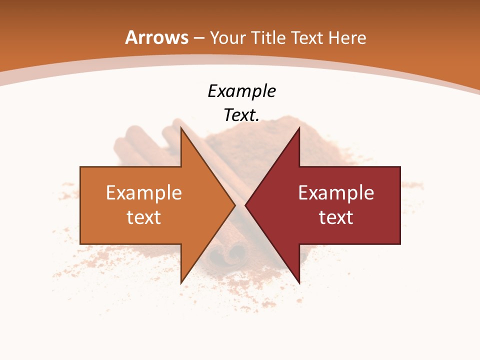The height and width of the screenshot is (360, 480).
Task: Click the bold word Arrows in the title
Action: (x=156, y=37)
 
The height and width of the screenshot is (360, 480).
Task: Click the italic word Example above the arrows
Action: (x=241, y=91)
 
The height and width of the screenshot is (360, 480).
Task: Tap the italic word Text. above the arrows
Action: (x=241, y=115)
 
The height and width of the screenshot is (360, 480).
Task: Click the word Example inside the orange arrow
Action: (x=143, y=192)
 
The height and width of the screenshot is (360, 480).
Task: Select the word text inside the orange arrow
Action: (x=143, y=217)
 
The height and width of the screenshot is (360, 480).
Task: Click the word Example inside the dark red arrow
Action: (x=336, y=192)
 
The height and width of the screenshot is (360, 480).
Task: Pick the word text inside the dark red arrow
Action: (x=336, y=217)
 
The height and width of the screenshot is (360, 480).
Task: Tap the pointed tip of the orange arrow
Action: (x=235, y=205)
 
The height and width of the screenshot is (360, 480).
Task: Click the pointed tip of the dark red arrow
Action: (x=245, y=205)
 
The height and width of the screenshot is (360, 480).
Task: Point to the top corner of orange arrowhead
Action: (x=181, y=128)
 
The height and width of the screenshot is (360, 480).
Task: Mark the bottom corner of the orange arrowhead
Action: (x=181, y=283)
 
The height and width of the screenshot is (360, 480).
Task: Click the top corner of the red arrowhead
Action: (x=299, y=128)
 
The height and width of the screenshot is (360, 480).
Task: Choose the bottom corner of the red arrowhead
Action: (x=299, y=283)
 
